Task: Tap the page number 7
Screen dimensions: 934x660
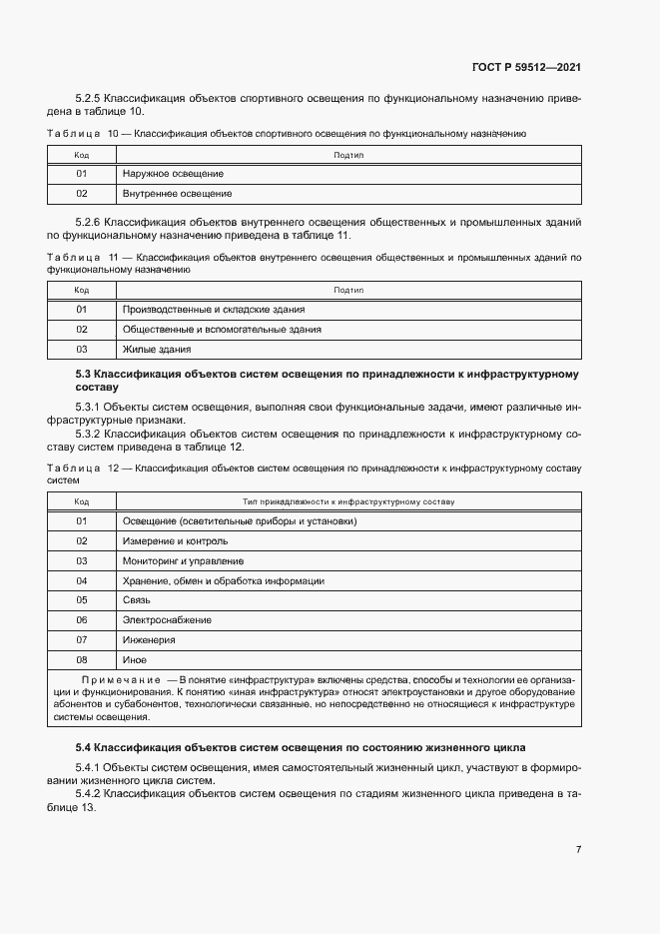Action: tap(578, 849)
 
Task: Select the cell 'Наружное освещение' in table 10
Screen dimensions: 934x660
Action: tap(173, 174)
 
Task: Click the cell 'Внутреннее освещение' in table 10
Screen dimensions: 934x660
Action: tap(177, 193)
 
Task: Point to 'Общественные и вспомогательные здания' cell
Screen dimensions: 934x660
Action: tap(221, 329)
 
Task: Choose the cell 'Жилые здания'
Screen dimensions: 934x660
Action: tap(156, 349)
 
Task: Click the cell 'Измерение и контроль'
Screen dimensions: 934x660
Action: tap(175, 540)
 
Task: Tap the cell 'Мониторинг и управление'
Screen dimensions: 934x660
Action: tap(183, 560)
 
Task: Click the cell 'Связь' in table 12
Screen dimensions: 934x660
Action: tap(136, 599)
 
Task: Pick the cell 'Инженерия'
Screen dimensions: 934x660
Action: tap(149, 639)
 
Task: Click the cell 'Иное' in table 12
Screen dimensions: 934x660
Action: tap(134, 659)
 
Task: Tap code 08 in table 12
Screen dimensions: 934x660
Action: tap(82, 659)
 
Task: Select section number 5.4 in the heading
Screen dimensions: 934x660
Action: tap(84, 747)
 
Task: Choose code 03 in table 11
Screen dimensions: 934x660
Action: tap(82, 349)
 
